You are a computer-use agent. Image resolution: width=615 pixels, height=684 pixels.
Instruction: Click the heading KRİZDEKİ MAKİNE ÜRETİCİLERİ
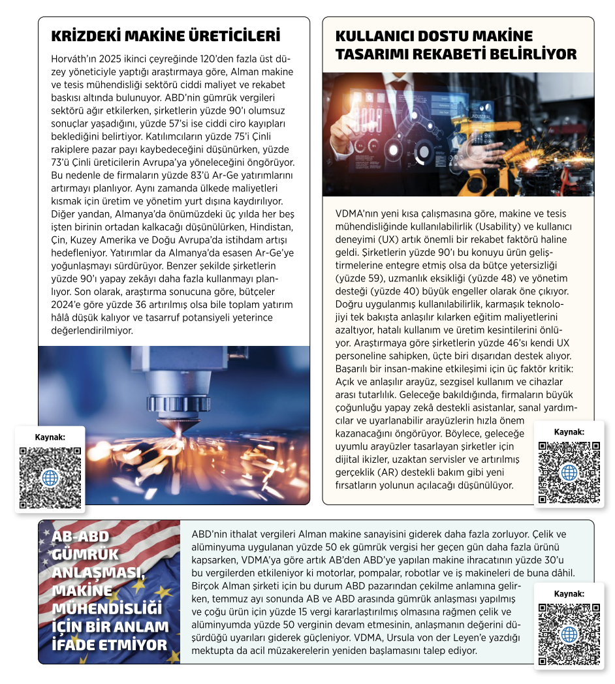pyautogui.click(x=165, y=35)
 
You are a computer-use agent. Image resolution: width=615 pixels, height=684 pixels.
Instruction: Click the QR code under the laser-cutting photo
pyautogui.click(x=50, y=477)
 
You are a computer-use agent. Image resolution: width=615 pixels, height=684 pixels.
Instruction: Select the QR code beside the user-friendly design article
pyautogui.click(x=569, y=473)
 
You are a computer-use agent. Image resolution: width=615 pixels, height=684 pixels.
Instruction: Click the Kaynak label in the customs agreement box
pyautogui.click(x=569, y=594)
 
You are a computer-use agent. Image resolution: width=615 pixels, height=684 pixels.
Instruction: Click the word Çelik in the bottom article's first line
pyautogui.click(x=552, y=533)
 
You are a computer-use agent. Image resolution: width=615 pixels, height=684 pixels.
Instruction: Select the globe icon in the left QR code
pyautogui.click(x=50, y=477)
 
